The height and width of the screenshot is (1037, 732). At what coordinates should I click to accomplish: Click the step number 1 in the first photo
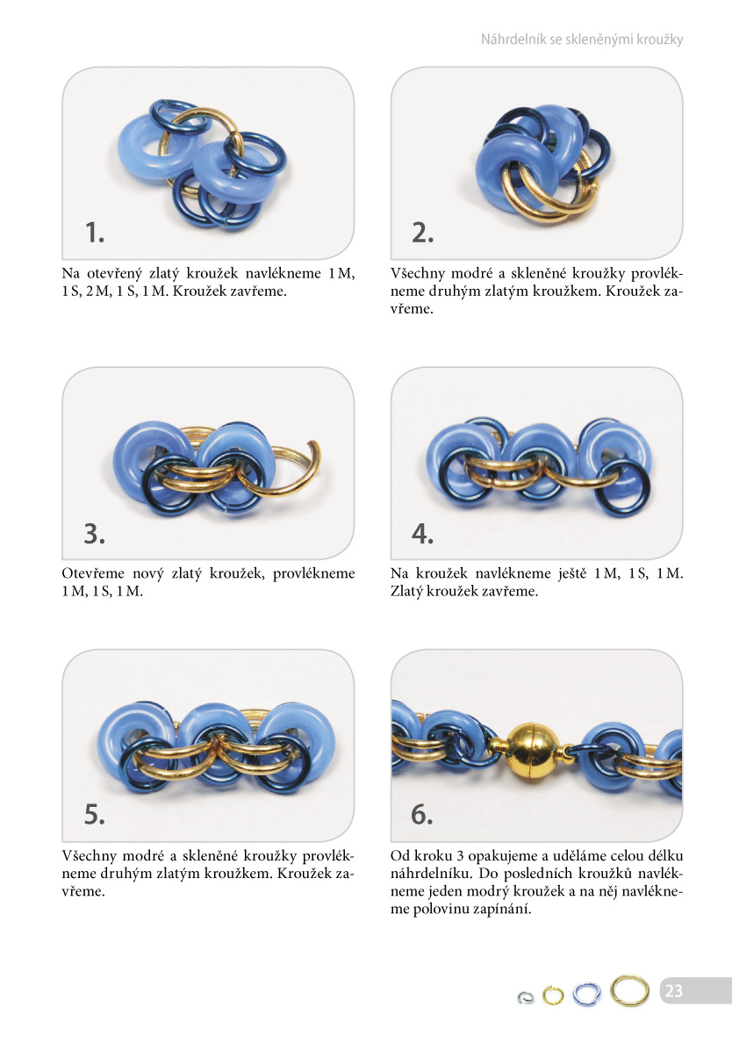pyautogui.click(x=95, y=232)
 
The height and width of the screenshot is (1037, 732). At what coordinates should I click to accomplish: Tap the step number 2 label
pyautogui.click(x=422, y=232)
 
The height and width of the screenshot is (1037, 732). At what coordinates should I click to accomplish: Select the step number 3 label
pyautogui.click(x=95, y=533)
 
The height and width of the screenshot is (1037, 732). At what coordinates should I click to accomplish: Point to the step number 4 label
pyautogui.click(x=422, y=533)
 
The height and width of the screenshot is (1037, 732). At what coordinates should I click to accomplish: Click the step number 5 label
pyautogui.click(x=95, y=814)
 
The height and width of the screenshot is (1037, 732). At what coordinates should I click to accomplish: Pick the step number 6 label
pyautogui.click(x=422, y=814)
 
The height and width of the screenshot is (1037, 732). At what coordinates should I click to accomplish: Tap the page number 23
pyautogui.click(x=674, y=990)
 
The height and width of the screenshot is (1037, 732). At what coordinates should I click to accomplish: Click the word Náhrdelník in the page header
pyautogui.click(x=513, y=39)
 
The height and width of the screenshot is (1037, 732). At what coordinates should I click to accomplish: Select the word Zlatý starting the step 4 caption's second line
pyautogui.click(x=406, y=591)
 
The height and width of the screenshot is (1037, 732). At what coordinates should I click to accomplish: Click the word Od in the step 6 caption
pyautogui.click(x=399, y=856)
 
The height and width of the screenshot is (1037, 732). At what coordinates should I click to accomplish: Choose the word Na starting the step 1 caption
pyautogui.click(x=70, y=273)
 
